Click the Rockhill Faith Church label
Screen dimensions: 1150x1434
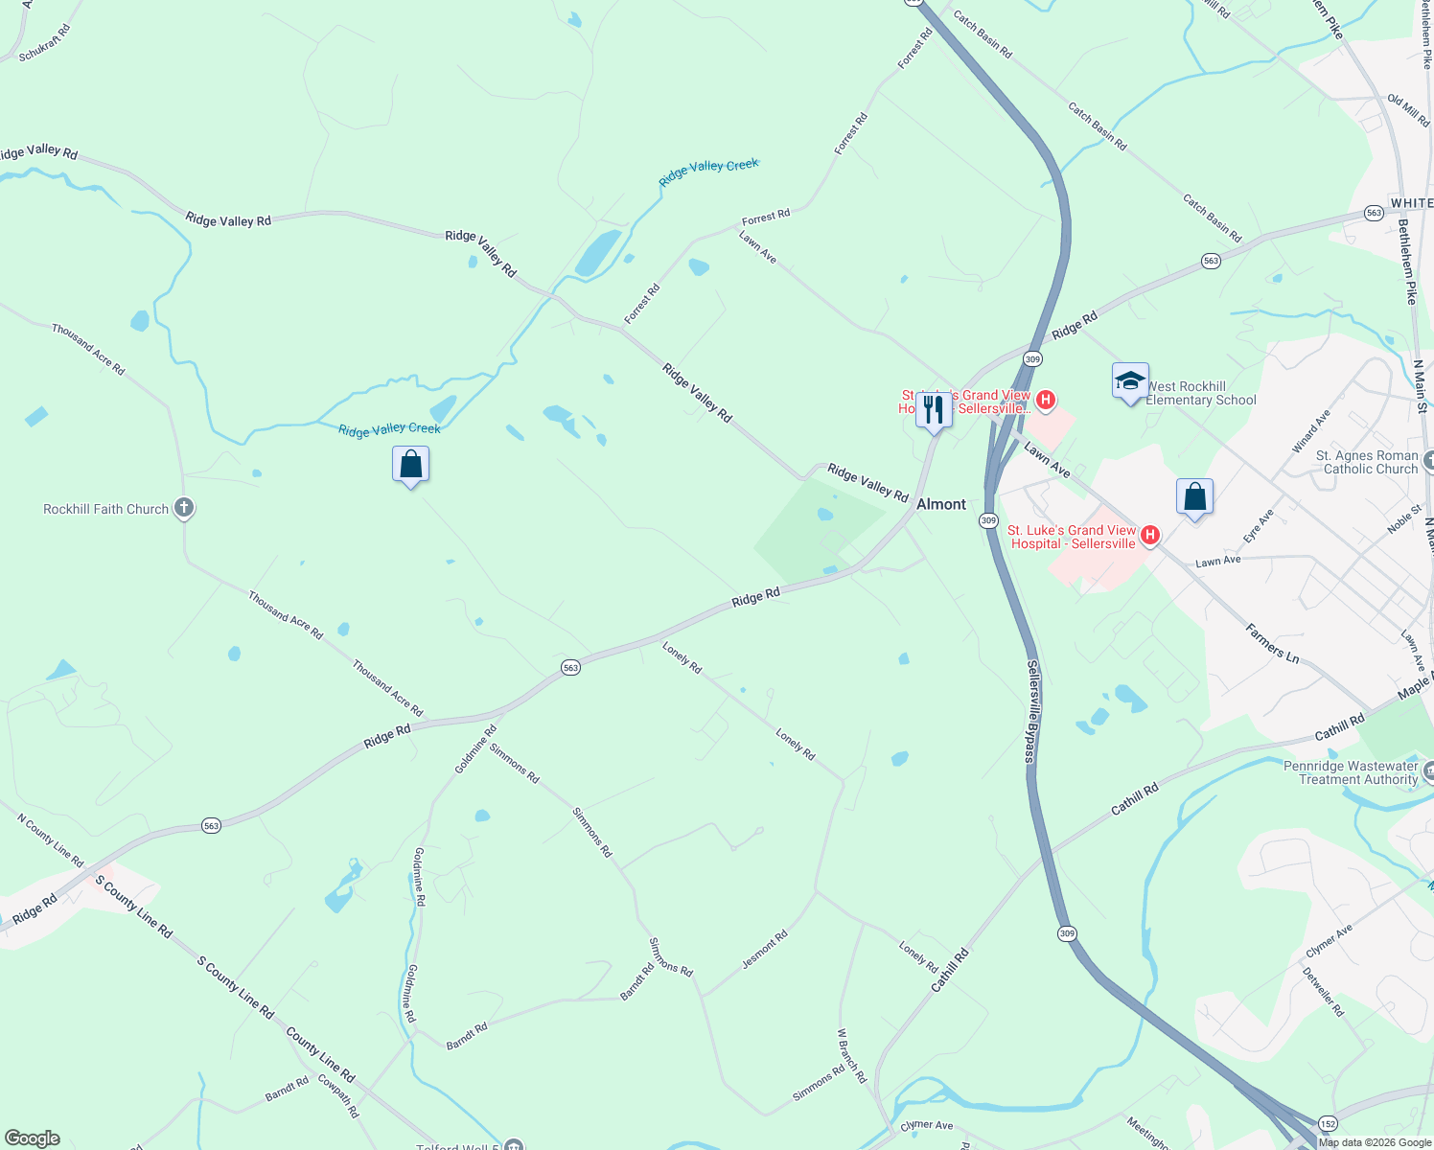coord(105,509)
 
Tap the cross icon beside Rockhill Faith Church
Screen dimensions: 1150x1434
coord(184,508)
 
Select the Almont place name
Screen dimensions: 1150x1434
coord(941,504)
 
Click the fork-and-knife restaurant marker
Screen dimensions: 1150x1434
coord(933,410)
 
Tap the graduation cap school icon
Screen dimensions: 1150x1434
coord(1130,381)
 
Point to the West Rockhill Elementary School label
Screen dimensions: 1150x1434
coord(1201,393)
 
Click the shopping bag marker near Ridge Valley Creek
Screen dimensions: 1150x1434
coord(410,465)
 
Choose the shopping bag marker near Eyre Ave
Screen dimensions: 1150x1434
coord(1194,497)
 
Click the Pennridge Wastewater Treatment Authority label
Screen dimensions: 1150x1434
coord(1351,772)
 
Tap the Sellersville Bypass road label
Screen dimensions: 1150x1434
coord(1032,711)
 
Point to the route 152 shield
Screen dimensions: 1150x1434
coord(1327,1123)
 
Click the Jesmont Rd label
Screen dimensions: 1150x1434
coord(765,949)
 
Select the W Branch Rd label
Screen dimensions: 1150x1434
coord(851,1056)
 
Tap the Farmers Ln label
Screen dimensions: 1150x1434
coord(1272,643)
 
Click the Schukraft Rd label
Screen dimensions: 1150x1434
coord(45,43)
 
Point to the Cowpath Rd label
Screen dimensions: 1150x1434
coord(338,1097)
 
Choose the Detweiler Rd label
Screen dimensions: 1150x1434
coord(1323,991)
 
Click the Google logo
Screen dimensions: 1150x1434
coord(32,1138)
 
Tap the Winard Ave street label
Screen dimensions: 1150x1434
coord(1310,431)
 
